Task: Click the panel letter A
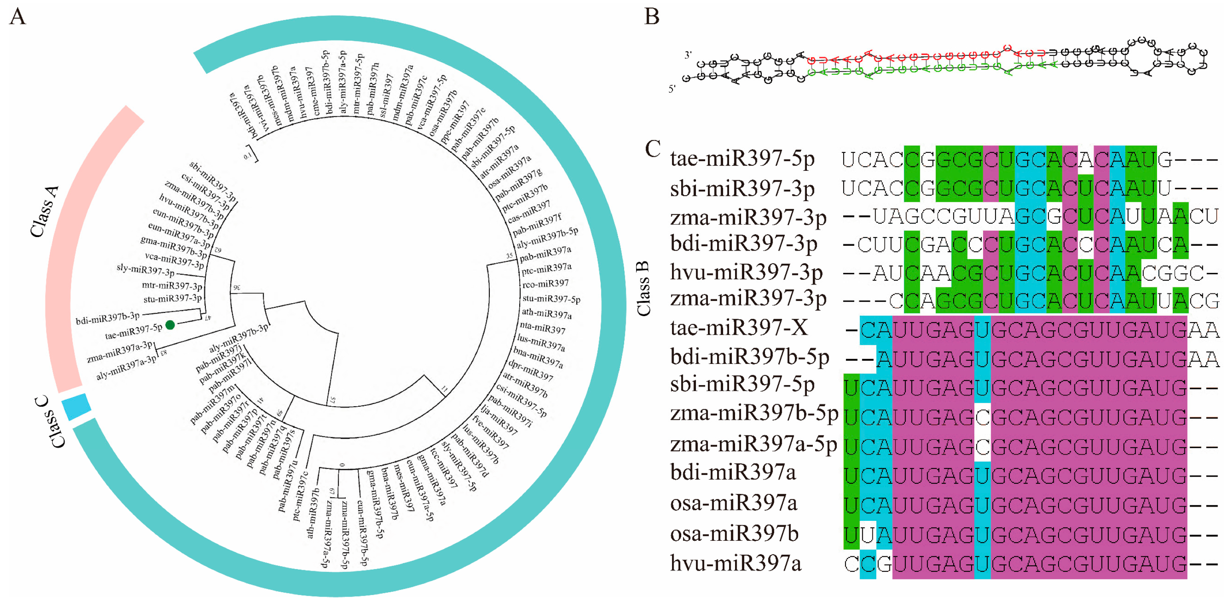[18, 17]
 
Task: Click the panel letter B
[652, 17]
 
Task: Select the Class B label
[644, 289]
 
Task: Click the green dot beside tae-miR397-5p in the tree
[170, 325]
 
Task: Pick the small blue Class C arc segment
[77, 407]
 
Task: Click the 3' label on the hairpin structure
[688, 55]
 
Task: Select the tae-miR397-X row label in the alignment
[739, 328]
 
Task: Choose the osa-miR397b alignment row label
[734, 534]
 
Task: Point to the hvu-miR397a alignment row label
[735, 563]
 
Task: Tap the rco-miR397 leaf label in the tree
[545, 284]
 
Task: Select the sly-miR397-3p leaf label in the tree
[146, 270]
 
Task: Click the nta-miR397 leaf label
[542, 328]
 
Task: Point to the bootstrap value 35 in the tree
[509, 256]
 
